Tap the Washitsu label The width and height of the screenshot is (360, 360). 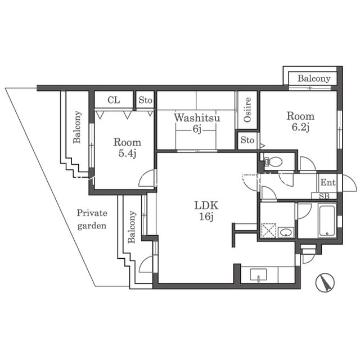click(x=197, y=118)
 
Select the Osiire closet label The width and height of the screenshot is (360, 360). click(x=247, y=110)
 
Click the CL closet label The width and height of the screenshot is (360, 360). click(x=114, y=100)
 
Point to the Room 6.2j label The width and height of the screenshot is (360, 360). click(x=300, y=121)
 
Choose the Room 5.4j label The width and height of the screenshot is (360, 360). click(x=127, y=148)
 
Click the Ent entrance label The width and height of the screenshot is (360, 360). click(x=328, y=182)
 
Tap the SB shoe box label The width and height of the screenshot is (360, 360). click(x=324, y=196)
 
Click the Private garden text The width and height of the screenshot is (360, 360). click(x=92, y=219)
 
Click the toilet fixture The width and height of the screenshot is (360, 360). click(x=273, y=162)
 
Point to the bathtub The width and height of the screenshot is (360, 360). click(x=327, y=220)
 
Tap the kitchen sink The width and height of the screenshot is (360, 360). click(x=259, y=275)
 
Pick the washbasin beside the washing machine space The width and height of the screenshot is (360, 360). click(x=286, y=232)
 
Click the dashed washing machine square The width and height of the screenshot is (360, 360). click(x=268, y=231)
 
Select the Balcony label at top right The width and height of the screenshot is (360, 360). click(x=314, y=79)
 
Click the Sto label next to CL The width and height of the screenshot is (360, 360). click(x=145, y=100)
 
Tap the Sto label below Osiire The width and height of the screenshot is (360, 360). click(x=247, y=140)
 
